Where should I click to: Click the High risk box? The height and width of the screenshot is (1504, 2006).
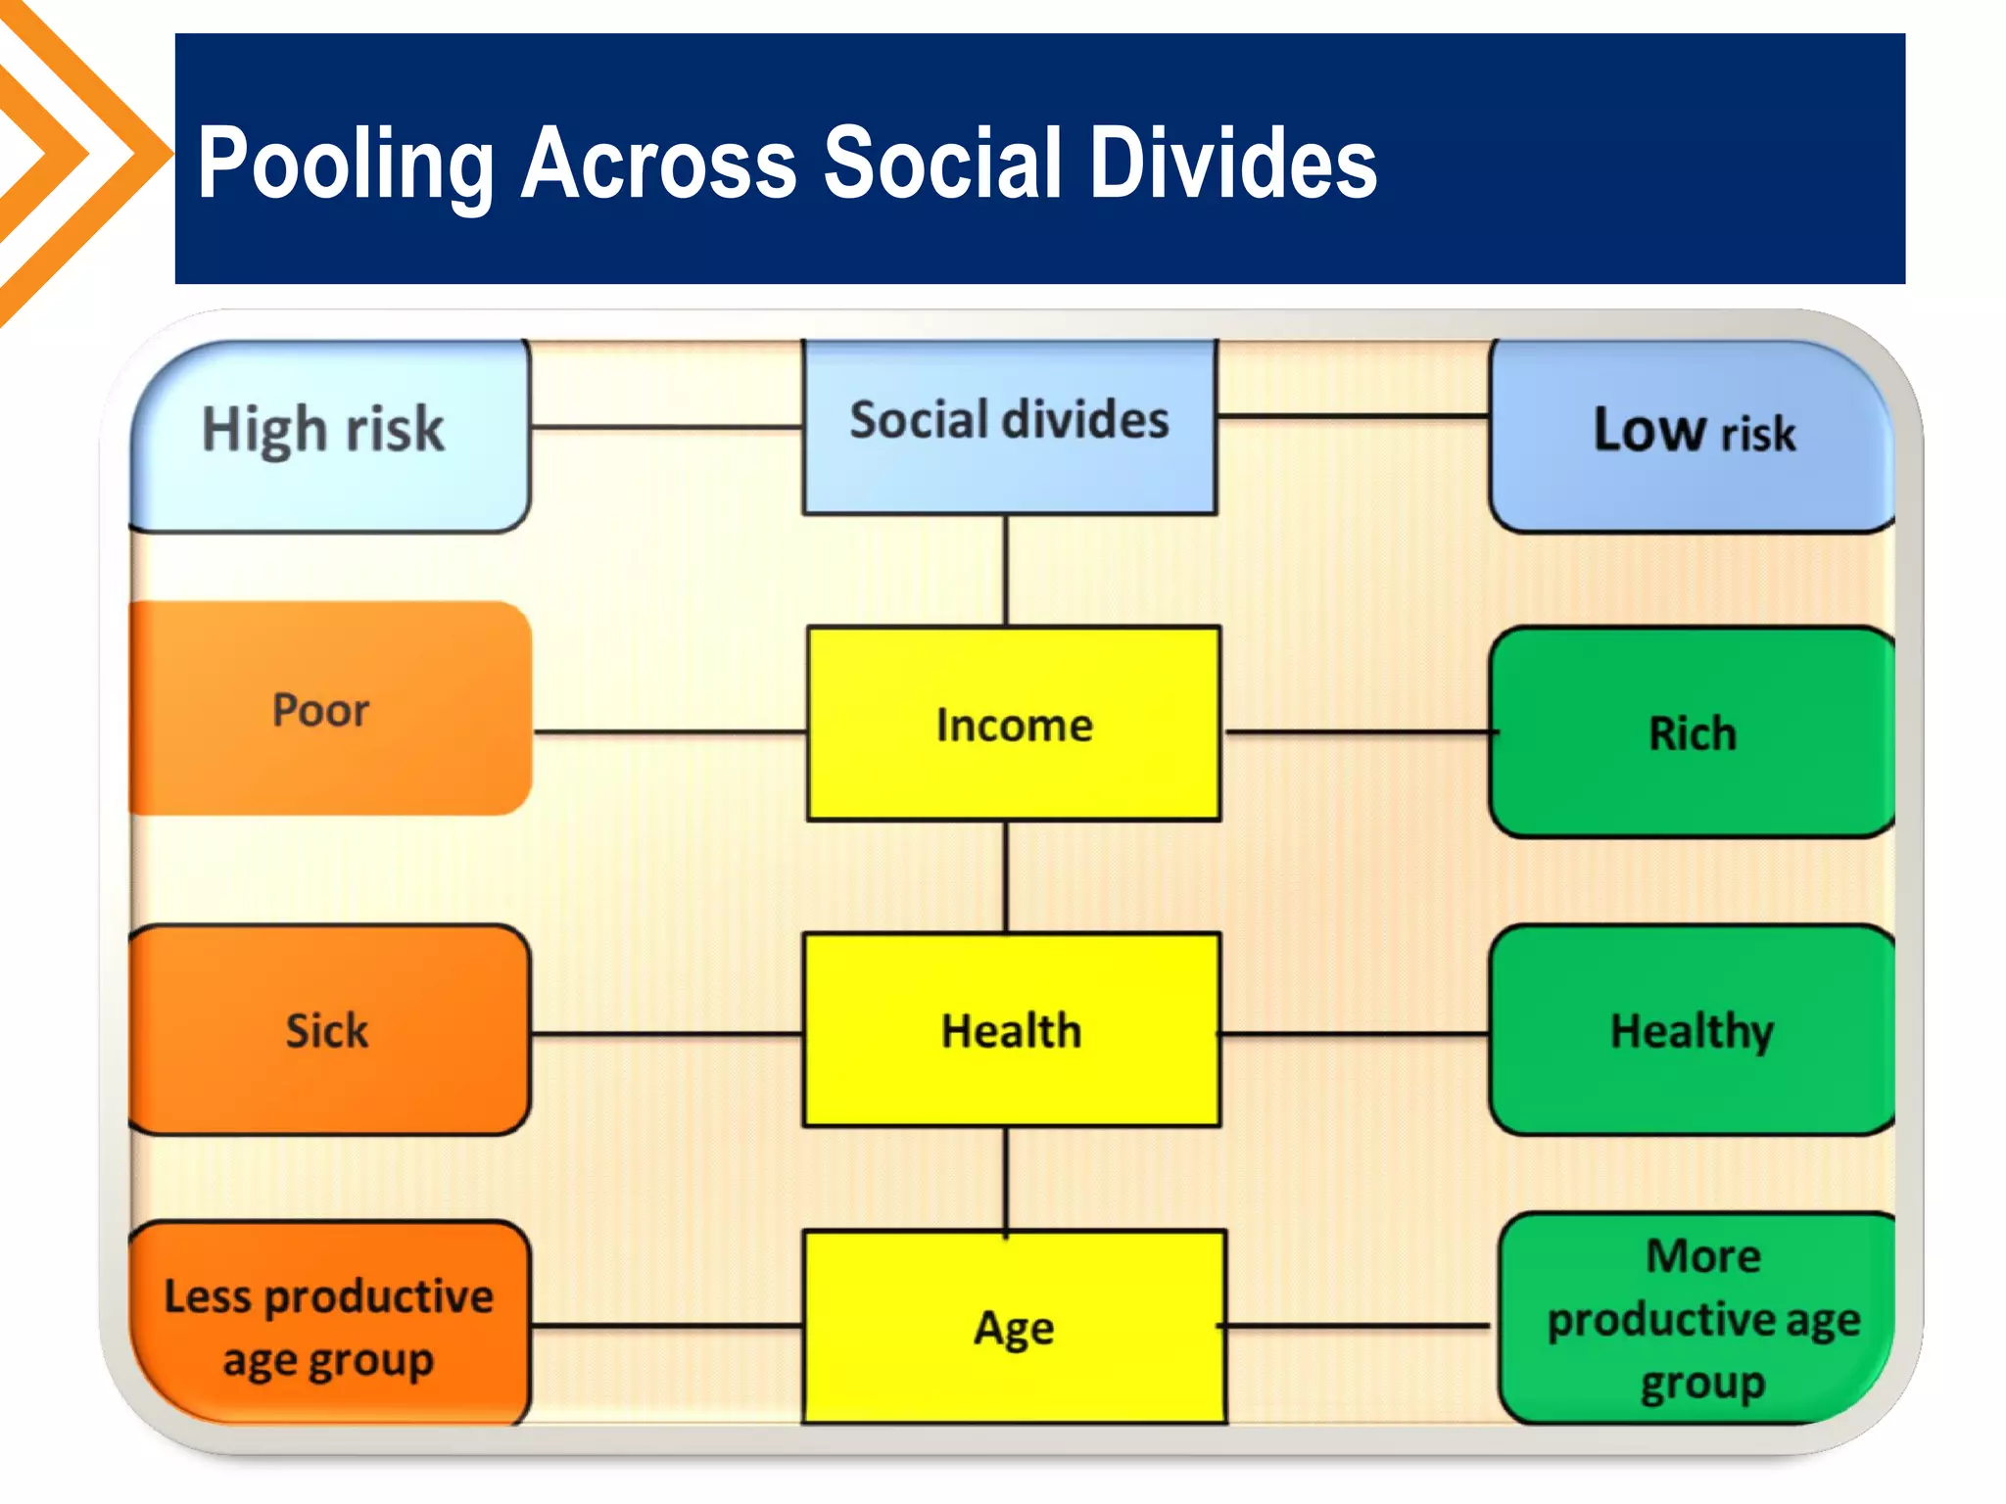tap(329, 436)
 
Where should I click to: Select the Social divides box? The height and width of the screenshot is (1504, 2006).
tap(1009, 426)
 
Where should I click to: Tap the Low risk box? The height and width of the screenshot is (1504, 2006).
tap(1692, 436)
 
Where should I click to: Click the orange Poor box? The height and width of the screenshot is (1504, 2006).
tap(329, 709)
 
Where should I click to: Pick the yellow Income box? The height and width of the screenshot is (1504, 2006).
tap(1014, 725)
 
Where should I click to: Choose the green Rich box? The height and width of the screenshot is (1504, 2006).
tap(1692, 732)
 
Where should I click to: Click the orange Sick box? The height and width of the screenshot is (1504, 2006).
tap(329, 1030)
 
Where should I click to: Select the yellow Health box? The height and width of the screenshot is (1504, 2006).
tap(1011, 1030)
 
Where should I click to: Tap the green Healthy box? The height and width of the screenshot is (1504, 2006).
tap(1692, 1030)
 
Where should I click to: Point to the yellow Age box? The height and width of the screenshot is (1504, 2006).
tap(1014, 1328)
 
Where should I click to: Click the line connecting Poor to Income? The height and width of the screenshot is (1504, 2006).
tap(670, 731)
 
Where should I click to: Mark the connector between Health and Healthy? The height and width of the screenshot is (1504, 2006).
tap(1354, 1033)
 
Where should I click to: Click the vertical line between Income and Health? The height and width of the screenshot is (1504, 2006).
tap(1006, 876)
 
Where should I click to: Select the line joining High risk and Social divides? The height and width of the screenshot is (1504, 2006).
tap(666, 427)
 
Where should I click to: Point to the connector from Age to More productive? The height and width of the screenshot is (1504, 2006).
tap(1358, 1326)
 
